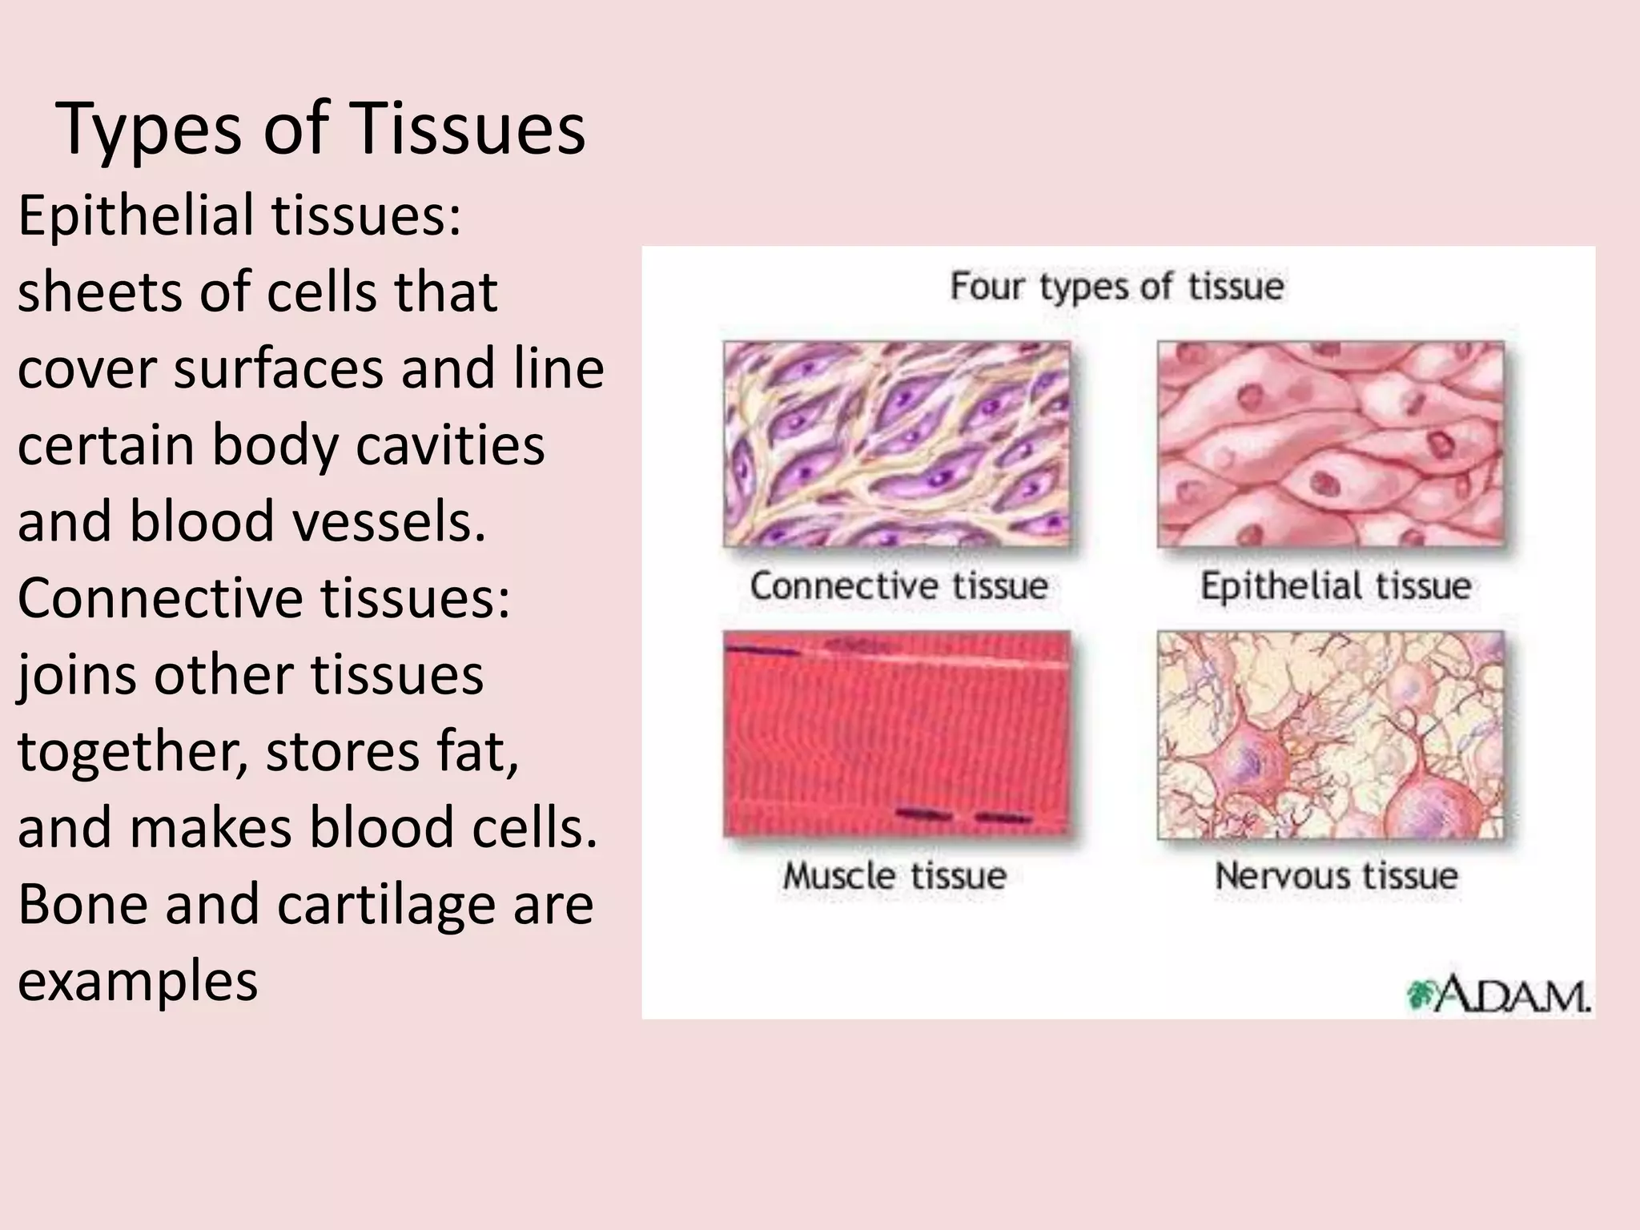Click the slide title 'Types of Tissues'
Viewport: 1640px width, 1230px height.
(321, 130)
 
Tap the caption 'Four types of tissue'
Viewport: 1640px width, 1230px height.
(1116, 287)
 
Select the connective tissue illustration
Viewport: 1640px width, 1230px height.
(896, 444)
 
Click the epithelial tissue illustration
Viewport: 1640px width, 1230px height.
(1331, 444)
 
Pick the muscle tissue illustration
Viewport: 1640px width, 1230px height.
(896, 734)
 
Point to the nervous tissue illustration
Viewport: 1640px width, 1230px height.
(1331, 734)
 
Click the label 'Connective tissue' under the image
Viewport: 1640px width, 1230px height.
(898, 586)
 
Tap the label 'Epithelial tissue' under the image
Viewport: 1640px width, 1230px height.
(1335, 586)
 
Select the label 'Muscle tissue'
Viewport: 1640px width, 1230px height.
(894, 875)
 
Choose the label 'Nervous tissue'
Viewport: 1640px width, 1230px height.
(1336, 875)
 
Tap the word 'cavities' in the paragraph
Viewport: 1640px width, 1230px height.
(450, 445)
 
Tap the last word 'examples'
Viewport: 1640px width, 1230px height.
(137, 982)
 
